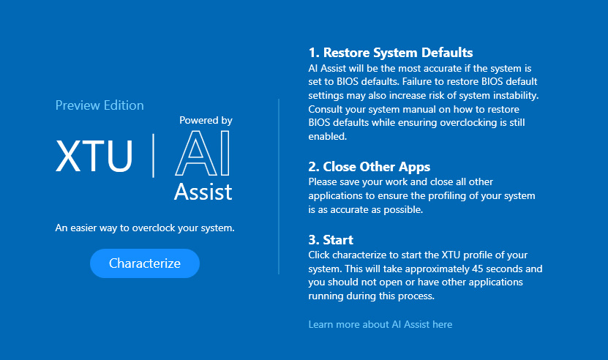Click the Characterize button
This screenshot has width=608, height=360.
pos(145,263)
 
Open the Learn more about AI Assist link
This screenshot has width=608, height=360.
pos(380,324)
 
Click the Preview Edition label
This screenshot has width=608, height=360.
pos(100,105)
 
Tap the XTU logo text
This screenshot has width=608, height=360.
pos(94,156)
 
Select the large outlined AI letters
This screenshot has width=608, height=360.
pos(203,153)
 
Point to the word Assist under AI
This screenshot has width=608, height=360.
pos(203,192)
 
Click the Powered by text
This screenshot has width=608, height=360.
pos(206,121)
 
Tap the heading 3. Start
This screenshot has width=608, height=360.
pos(331,240)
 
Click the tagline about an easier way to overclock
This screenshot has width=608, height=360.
pos(145,228)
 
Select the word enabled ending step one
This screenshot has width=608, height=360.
pos(328,136)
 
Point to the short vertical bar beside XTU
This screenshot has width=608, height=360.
pos(154,156)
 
